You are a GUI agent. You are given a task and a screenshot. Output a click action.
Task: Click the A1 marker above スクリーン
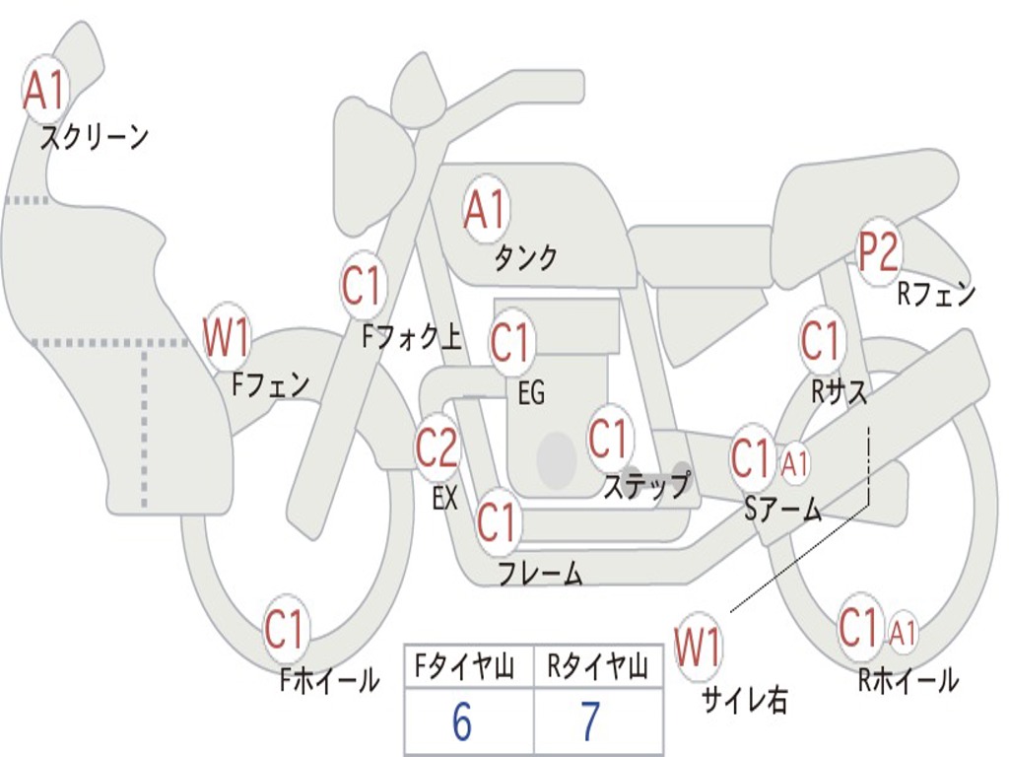44,90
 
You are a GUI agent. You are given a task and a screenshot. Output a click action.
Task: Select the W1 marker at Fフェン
226,337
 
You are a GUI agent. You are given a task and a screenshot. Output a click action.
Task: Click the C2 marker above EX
437,448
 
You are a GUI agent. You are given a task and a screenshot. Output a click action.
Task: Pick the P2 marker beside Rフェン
877,252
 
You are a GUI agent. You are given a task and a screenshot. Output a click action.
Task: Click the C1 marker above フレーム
497,521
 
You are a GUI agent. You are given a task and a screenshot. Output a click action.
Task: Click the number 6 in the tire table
462,723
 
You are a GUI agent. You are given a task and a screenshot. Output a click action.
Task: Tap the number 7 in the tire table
589,723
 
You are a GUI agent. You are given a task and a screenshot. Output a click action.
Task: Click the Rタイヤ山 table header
597,668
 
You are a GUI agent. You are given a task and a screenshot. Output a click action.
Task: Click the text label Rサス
839,391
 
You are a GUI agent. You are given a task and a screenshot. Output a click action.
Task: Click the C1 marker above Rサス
820,341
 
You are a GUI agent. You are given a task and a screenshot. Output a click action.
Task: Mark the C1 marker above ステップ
608,438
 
